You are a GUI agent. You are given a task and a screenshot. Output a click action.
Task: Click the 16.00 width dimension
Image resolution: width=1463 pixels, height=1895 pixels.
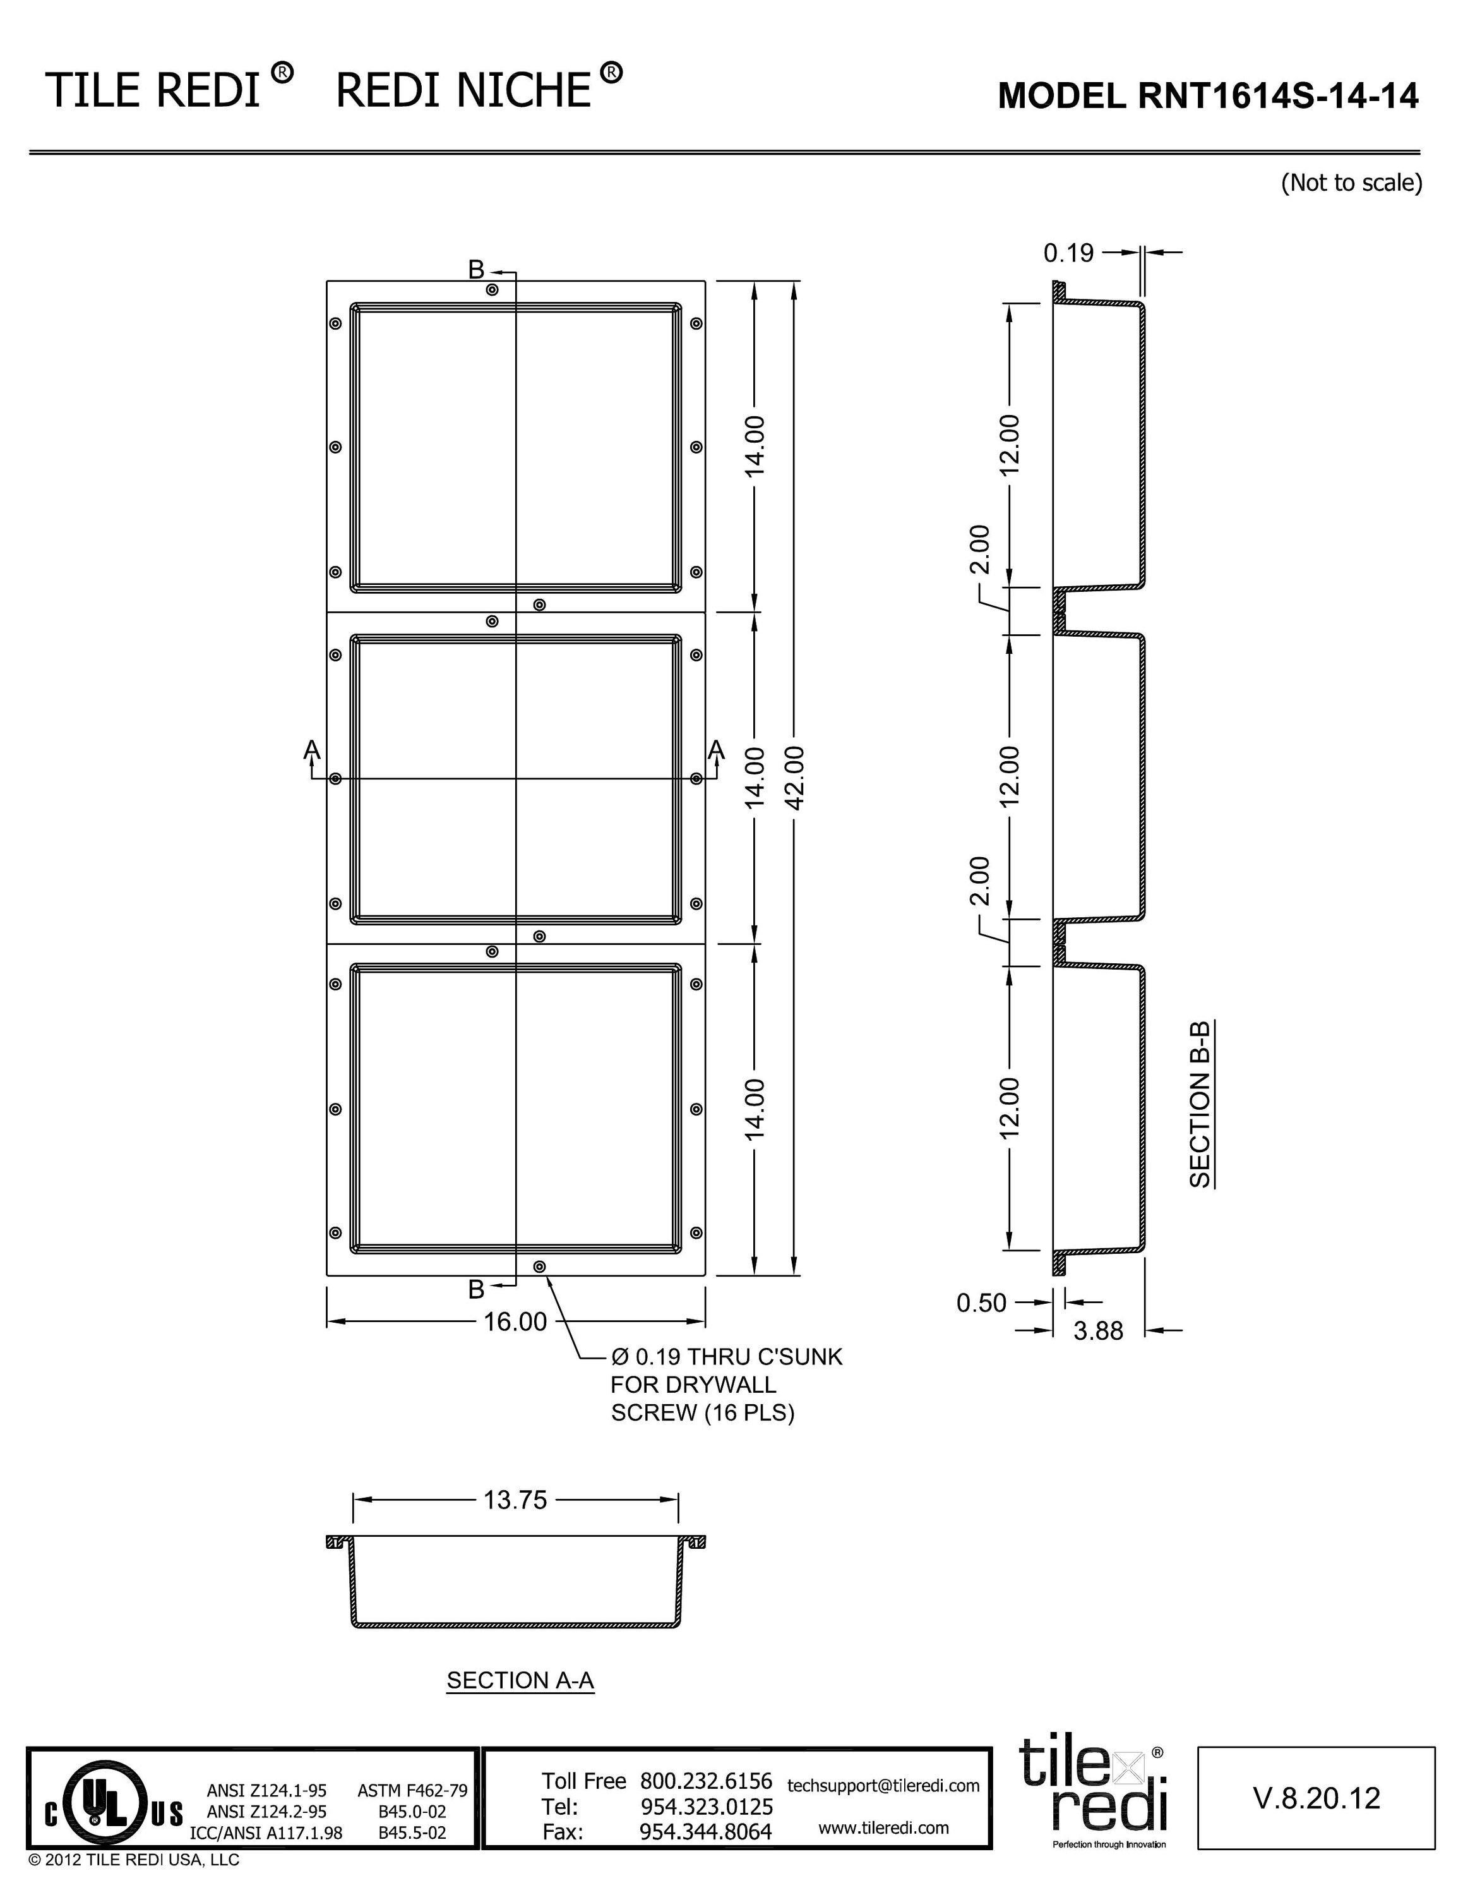[515, 1321]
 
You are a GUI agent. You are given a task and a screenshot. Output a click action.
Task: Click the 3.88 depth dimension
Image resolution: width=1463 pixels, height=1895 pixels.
[1098, 1330]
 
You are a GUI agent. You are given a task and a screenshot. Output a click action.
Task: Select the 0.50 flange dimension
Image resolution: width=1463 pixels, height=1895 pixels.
[981, 1302]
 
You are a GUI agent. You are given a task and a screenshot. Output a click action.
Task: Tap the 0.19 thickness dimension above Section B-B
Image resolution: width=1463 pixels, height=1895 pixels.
[1068, 253]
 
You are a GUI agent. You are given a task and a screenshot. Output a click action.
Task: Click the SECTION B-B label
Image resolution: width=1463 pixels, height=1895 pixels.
[1200, 1103]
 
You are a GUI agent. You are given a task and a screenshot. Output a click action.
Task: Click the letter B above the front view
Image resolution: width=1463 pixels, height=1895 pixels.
[476, 270]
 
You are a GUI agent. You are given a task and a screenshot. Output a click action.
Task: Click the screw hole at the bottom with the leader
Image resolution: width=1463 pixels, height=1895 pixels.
[539, 1266]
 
